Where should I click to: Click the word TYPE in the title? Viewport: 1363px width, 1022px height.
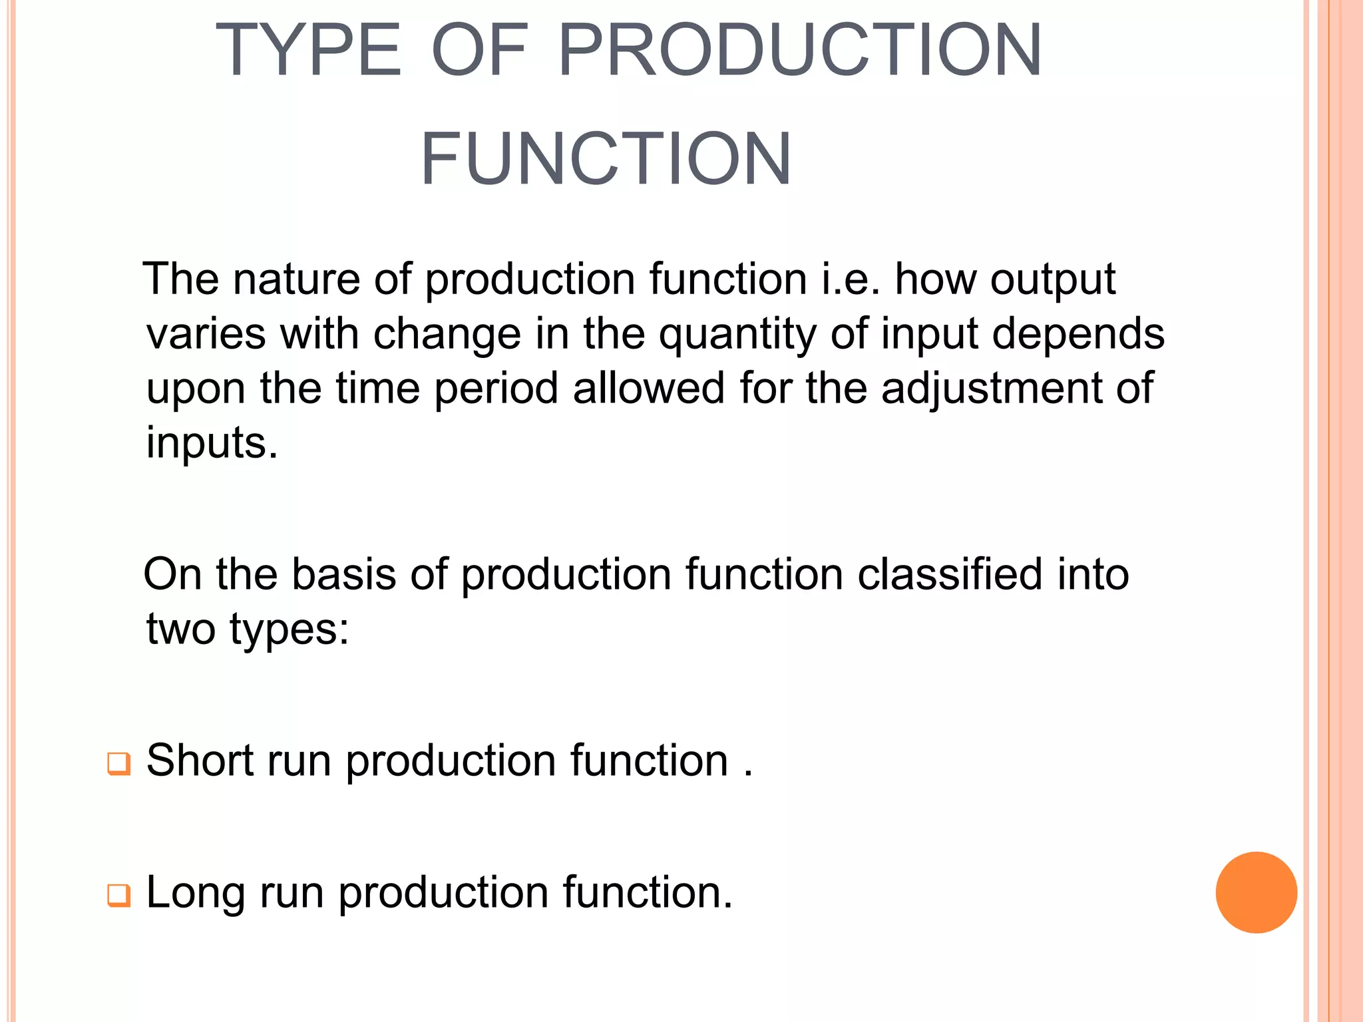coord(308,51)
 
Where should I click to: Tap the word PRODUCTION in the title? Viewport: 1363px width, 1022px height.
coord(799,51)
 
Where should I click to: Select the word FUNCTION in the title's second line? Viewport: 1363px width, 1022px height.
coord(606,159)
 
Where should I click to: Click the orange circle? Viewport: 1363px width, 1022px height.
coord(1256,892)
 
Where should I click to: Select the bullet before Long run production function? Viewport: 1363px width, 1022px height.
coord(118,895)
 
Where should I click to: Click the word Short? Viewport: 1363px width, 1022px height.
coord(200,760)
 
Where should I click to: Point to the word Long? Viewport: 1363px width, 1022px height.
coord(196,893)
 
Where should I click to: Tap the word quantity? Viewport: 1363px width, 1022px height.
coord(737,334)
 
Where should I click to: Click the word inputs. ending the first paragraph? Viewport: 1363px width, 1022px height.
coord(212,443)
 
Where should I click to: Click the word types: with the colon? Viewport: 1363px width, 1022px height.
coord(290,629)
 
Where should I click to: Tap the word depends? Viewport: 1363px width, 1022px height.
coord(1078,334)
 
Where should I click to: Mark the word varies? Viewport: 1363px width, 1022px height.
coord(206,334)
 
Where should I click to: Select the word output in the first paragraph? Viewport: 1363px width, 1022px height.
coord(1052,279)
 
